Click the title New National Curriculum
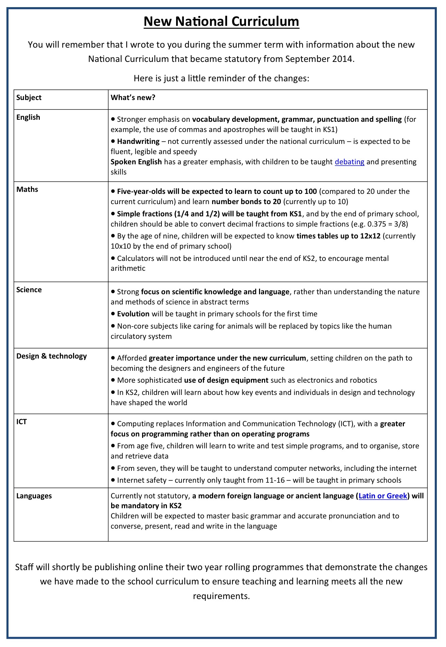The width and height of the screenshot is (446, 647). tap(221, 21)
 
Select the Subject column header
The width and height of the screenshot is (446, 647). tap(29, 98)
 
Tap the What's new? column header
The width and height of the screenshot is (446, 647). tap(133, 98)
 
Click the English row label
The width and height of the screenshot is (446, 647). tap(28, 117)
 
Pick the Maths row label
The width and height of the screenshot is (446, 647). tap(27, 189)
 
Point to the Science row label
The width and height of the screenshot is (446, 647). tap(29, 290)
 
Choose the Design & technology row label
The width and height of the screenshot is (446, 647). tap(52, 356)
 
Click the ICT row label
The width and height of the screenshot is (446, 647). tap(21, 422)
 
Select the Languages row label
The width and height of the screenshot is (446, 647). tap(34, 496)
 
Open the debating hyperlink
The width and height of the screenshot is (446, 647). tap(349, 162)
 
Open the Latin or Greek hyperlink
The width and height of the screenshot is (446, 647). tap(383, 496)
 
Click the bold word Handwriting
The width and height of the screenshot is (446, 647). tap(138, 142)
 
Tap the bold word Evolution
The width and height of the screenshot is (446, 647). tap(133, 314)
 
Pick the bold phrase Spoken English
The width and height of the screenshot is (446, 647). tap(136, 162)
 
